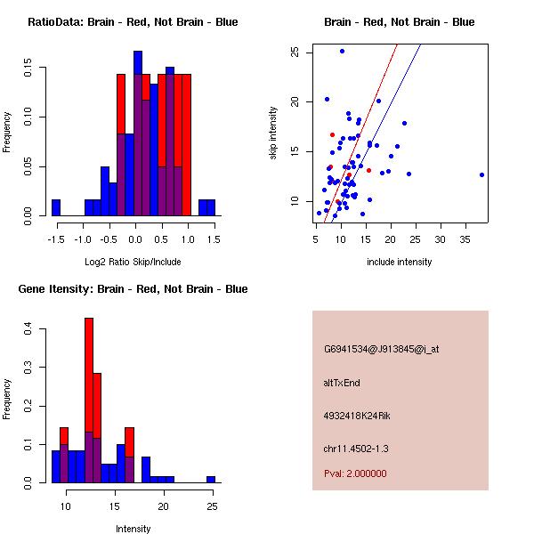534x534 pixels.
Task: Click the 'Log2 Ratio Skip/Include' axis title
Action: (x=133, y=262)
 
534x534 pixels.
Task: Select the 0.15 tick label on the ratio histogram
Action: (x=28, y=67)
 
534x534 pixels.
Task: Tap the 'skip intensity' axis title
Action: (x=273, y=133)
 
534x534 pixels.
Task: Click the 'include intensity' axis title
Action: (x=400, y=262)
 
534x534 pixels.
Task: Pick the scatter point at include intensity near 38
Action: (x=481, y=174)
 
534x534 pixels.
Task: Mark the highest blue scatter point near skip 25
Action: (x=342, y=52)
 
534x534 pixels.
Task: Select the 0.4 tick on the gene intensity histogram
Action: (x=28, y=330)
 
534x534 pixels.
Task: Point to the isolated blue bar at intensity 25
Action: (x=211, y=479)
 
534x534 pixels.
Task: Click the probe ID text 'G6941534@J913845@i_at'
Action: (x=381, y=349)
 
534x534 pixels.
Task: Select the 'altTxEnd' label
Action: (x=342, y=383)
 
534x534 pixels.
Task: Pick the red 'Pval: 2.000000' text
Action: (x=355, y=473)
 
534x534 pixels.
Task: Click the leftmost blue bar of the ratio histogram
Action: (x=56, y=207)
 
